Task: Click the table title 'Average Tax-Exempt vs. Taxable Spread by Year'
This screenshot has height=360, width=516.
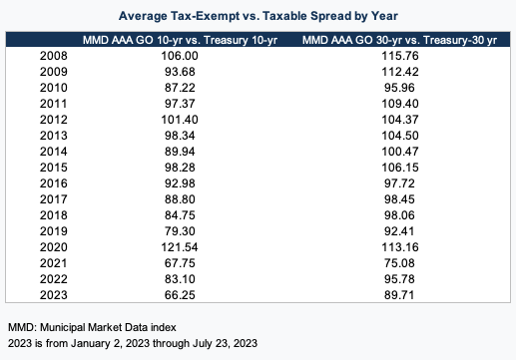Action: tap(258, 16)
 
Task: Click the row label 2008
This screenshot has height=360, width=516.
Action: tap(53, 57)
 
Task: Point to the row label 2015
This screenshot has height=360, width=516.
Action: tap(53, 170)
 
